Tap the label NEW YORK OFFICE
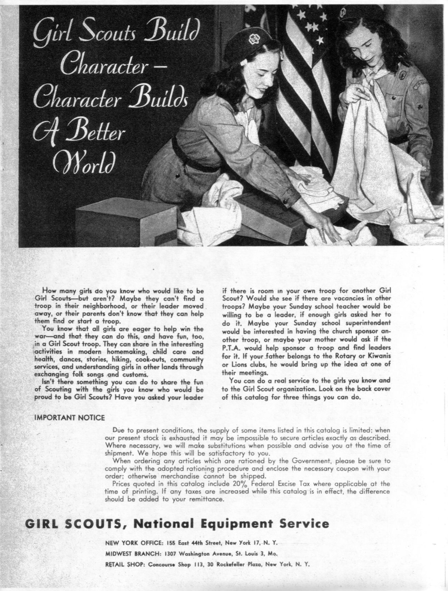coord(134,543)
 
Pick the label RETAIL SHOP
coord(125,565)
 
